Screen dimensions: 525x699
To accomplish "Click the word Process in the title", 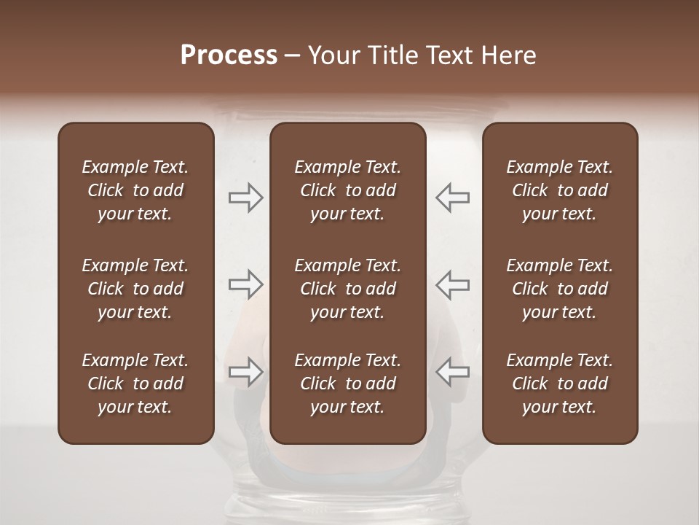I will (229, 55).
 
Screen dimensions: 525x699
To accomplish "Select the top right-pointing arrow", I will (246, 198).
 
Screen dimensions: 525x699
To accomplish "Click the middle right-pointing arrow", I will (246, 284).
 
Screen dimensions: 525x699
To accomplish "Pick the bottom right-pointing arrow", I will (246, 372).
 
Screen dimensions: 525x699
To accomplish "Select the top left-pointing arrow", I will (453, 198).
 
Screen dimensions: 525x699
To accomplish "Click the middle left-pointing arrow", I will (453, 284).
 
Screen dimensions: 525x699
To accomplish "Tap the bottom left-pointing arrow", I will (453, 372).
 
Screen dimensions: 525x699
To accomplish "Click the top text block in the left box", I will (135, 190).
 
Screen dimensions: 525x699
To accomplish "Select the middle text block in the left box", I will (135, 289).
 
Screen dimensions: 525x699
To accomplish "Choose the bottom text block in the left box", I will (135, 384).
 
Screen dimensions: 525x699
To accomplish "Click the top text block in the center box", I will (348, 190).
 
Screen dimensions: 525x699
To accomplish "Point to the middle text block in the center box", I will (348, 289).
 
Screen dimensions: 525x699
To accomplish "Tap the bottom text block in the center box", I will (348, 384).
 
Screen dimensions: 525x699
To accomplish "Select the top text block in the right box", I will (560, 190).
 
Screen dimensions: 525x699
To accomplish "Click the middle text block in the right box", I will (560, 289).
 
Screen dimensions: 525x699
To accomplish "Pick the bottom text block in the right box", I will (560, 384).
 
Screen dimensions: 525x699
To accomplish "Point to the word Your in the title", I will (332, 55).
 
